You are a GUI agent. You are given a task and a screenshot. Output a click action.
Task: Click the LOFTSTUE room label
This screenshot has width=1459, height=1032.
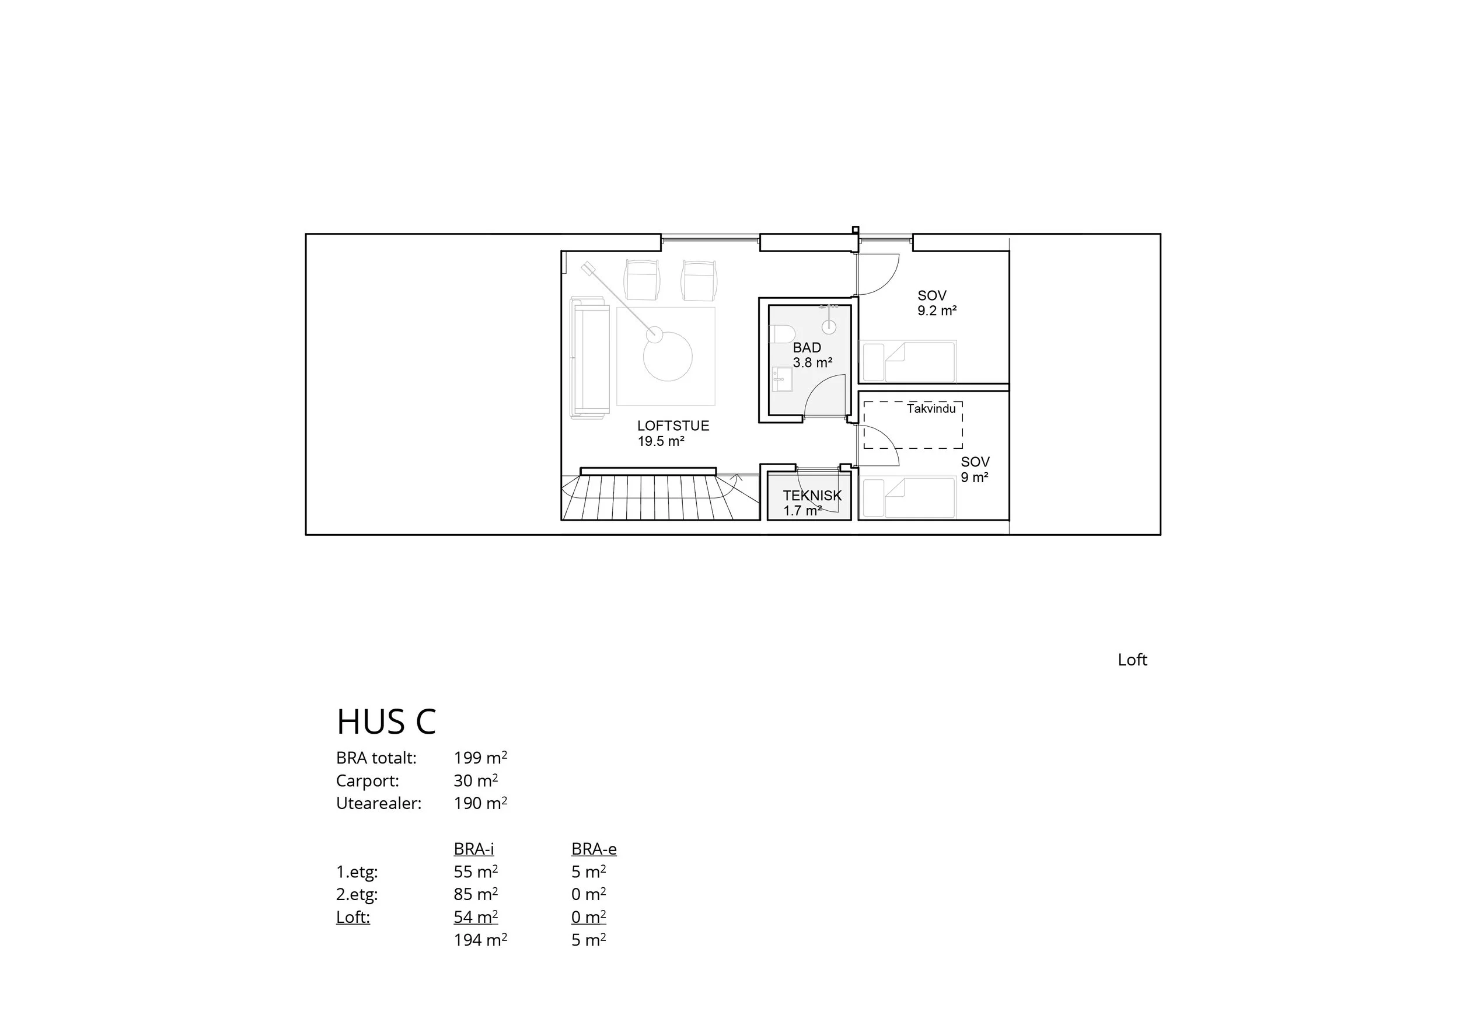point(673,426)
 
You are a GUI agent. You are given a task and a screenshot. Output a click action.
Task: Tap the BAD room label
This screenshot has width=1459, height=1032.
point(807,348)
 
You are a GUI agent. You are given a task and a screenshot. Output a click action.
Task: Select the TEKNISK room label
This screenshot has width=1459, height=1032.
point(812,496)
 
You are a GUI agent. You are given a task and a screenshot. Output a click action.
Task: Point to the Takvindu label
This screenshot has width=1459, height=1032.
point(931,409)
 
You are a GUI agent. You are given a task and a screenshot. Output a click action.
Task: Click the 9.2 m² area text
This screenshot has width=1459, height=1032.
point(937,311)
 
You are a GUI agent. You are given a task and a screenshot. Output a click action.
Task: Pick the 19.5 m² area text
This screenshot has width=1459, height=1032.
point(661,441)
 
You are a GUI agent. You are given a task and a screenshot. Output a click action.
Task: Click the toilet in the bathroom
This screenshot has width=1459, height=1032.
point(782,334)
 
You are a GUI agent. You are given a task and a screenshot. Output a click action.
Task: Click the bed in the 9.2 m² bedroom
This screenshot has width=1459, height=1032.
point(908,361)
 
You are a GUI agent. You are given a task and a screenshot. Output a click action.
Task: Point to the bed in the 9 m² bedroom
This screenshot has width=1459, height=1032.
point(908,498)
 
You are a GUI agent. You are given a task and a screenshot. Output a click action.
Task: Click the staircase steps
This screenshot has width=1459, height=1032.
point(648,497)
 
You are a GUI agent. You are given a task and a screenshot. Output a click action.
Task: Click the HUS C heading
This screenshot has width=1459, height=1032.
point(386,722)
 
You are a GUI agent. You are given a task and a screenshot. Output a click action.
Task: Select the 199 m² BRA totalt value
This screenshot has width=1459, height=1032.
point(480,758)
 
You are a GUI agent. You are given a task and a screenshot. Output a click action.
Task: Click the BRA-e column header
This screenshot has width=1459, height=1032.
point(594,849)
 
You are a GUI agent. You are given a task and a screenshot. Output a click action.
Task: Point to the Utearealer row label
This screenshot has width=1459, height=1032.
point(379,803)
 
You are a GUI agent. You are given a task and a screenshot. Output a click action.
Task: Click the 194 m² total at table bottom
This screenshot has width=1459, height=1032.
point(480,940)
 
